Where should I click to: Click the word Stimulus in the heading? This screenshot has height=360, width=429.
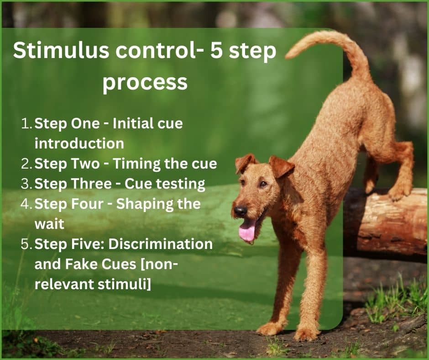point(61,50)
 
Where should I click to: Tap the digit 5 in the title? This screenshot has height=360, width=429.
point(216,50)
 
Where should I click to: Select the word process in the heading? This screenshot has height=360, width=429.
point(145,83)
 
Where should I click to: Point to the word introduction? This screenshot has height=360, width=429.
point(79,143)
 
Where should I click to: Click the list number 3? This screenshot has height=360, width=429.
point(26,184)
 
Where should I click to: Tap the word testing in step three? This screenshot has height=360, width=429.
point(181,184)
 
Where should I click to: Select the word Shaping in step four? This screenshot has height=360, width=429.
point(145,204)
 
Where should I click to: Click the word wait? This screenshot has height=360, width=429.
point(49,224)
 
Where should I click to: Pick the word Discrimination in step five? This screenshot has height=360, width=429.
point(161,244)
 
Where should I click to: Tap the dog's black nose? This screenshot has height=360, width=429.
point(241,211)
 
